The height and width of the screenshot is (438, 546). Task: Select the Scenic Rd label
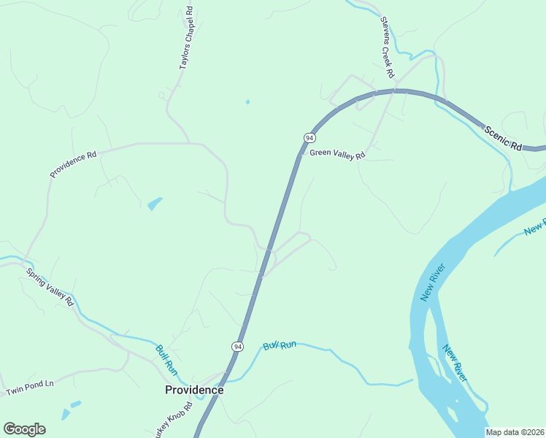pos(503,137)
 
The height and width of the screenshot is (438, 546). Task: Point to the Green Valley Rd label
pos(337,153)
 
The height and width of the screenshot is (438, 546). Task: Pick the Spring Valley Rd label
pos(50,286)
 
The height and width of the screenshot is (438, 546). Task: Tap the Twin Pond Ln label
pos(31,388)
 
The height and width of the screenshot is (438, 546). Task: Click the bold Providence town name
pos(193,390)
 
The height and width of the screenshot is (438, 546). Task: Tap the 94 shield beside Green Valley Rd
pos(309,138)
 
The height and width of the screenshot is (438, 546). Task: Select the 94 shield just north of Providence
pos(238,346)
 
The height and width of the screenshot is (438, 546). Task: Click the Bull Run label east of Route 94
pos(281,344)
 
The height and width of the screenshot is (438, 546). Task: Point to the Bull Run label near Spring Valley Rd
pos(166,359)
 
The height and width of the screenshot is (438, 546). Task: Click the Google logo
pos(24,429)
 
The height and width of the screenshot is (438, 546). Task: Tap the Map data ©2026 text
pos(515,432)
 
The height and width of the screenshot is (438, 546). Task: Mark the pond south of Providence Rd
pos(155,204)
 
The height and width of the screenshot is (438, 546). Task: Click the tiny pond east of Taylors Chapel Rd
pos(247,101)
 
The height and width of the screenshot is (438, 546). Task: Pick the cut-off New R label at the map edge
pos(535,228)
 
